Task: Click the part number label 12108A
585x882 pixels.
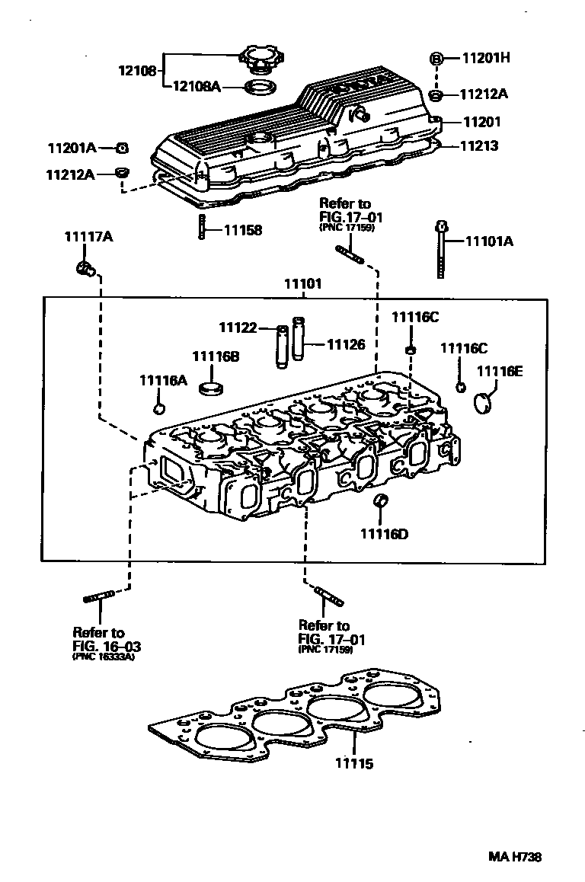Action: click(x=196, y=87)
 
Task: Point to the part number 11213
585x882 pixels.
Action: click(x=480, y=145)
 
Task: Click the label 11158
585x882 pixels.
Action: click(x=242, y=230)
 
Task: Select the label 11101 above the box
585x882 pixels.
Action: click(x=303, y=283)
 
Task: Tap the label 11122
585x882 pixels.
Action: click(x=237, y=328)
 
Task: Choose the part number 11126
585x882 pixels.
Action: click(x=346, y=345)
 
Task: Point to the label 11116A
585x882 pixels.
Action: click(x=162, y=380)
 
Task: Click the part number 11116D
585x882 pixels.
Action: click(x=384, y=534)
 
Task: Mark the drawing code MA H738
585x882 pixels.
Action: click(x=515, y=857)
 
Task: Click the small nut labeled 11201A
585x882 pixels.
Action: click(x=122, y=148)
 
